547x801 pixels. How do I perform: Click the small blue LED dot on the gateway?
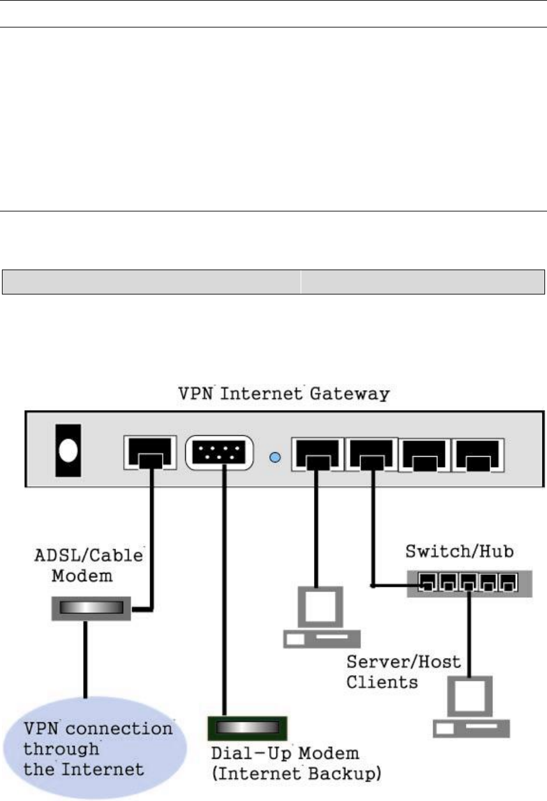[x=275, y=457]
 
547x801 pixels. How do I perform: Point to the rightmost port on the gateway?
[x=478, y=454]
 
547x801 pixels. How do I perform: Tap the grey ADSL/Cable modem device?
[x=91, y=609]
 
